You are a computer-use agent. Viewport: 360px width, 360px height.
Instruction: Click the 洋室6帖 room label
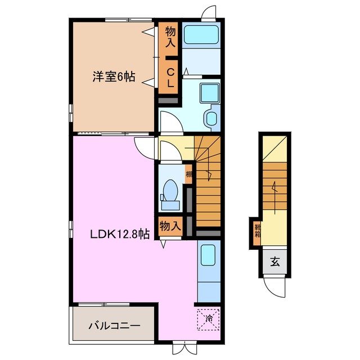(x=114, y=77)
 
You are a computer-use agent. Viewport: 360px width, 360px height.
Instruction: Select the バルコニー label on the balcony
(x=114, y=326)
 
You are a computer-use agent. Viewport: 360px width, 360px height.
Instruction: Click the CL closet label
(x=170, y=77)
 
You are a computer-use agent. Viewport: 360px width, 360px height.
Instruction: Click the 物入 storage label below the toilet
(x=170, y=226)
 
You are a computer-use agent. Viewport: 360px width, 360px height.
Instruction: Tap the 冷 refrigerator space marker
(x=209, y=319)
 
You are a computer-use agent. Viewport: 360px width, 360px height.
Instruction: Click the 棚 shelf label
(x=189, y=174)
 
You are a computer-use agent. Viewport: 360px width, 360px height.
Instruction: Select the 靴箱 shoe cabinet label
(x=256, y=230)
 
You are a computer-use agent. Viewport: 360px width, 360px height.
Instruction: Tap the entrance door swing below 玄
(x=276, y=288)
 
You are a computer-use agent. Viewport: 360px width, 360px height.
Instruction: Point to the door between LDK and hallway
(x=146, y=148)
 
